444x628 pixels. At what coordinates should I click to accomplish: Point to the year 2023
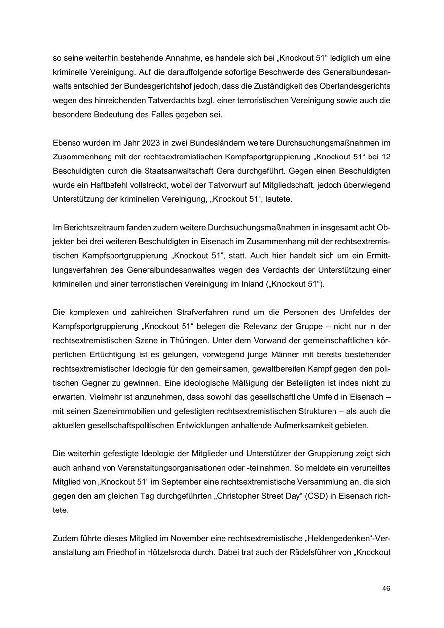[x=150, y=143]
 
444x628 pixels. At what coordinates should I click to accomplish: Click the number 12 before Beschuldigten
[x=385, y=157]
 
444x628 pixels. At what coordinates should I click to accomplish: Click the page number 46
[x=386, y=589]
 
